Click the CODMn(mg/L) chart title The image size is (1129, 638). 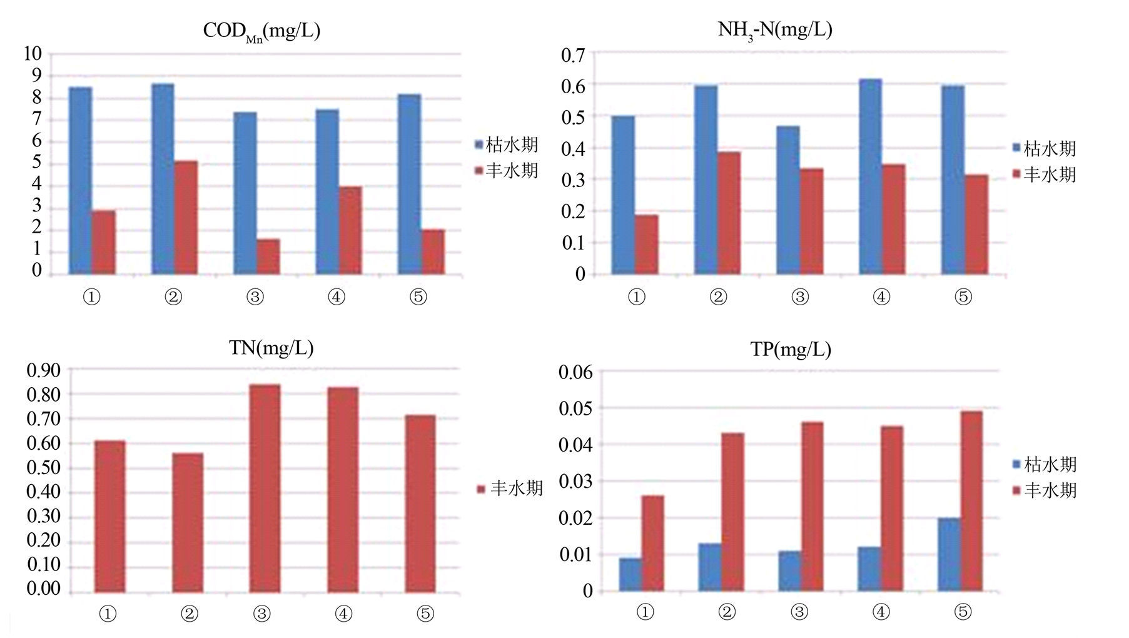261,31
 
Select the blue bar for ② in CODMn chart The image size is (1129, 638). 163,179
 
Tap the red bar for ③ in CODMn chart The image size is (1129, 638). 268,256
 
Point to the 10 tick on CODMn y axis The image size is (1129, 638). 33,54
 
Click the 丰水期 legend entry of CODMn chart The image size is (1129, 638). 507,171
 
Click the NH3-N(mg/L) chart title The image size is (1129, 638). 775,30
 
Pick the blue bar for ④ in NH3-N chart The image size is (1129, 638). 870,176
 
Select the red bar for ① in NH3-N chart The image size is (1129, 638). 647,245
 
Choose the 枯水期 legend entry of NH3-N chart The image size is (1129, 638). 1045,148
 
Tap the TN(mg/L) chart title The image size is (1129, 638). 271,348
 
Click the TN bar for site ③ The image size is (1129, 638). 265,489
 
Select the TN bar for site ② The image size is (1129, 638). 188,522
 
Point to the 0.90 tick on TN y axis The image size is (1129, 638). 43,370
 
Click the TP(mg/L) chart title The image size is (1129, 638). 791,349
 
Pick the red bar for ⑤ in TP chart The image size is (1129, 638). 971,501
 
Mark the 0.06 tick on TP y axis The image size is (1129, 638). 575,373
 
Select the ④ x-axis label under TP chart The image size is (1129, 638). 881,612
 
